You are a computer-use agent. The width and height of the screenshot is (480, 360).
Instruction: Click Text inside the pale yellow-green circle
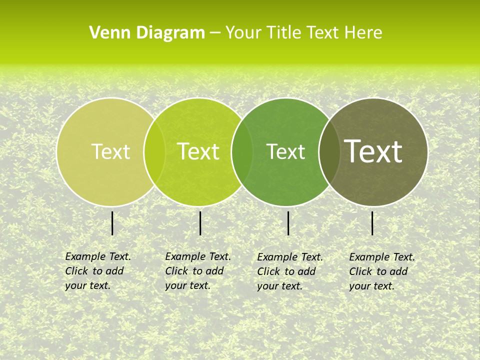[x=111, y=151]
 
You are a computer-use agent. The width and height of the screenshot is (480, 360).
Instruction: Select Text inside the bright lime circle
[x=198, y=151]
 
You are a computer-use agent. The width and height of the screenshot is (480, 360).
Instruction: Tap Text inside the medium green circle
[x=286, y=151]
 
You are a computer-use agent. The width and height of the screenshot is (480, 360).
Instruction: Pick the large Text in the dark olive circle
[x=373, y=151]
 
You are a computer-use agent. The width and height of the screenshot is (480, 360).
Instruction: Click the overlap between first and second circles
[x=154, y=151]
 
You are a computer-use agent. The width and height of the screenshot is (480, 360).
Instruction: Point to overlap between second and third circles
[x=242, y=151]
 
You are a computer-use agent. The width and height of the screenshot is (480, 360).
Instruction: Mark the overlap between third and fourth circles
[x=329, y=151]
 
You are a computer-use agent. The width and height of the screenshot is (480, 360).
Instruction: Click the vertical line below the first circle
[x=112, y=223]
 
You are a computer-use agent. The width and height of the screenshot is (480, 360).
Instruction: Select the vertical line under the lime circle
[x=200, y=223]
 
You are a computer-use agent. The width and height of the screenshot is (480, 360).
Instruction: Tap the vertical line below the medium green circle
[x=288, y=223]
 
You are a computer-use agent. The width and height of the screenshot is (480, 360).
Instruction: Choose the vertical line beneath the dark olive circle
[x=372, y=223]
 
